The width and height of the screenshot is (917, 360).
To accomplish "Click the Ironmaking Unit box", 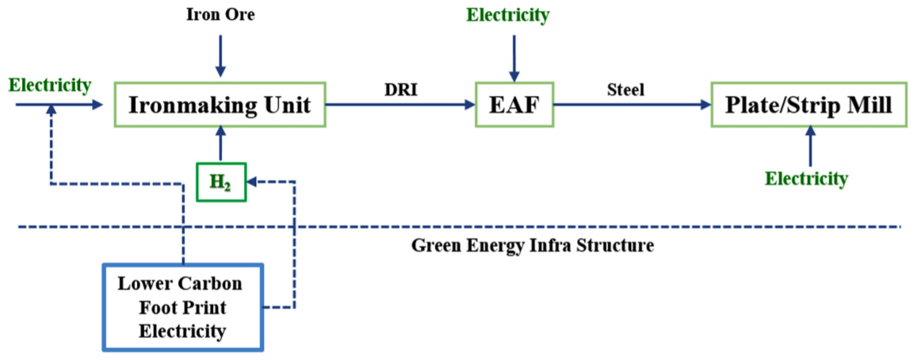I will click(220, 104).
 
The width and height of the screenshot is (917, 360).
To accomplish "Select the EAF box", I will click(514, 104).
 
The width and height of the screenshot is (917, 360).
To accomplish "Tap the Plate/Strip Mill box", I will click(809, 104).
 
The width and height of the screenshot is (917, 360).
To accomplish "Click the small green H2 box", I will click(221, 182).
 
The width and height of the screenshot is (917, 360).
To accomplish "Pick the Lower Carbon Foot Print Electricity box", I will click(183, 307).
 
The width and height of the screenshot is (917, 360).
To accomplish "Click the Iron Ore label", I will click(220, 14).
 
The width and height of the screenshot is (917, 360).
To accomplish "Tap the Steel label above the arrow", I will click(627, 90).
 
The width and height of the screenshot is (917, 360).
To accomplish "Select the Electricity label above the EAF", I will click(507, 14).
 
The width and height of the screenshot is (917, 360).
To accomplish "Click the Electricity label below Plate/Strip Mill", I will click(805, 178).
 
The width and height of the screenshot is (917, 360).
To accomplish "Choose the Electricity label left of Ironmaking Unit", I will click(49, 84).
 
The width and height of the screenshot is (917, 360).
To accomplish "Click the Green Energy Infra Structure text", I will click(532, 245).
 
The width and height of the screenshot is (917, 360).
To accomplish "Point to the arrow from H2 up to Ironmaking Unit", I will click(220, 144).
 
